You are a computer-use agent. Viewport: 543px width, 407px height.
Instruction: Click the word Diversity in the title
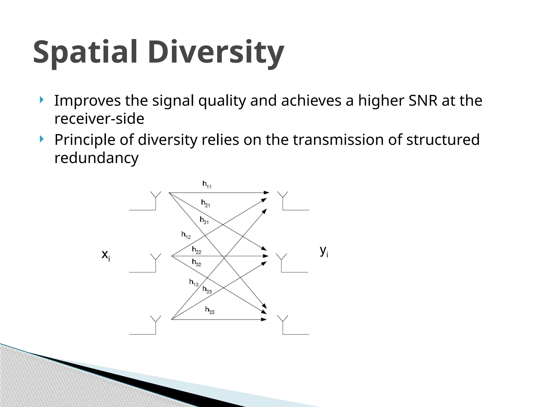click(216, 52)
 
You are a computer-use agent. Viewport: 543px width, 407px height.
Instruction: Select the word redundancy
click(96, 158)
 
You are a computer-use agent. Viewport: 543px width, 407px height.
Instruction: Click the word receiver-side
click(99, 119)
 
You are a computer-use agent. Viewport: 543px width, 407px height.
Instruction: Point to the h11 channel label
click(207, 184)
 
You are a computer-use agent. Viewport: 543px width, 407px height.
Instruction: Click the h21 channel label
click(205, 203)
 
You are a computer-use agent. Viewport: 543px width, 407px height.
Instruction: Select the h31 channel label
click(204, 220)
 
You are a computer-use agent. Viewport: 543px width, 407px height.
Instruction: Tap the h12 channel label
click(186, 235)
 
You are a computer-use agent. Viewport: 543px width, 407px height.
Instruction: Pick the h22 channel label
click(196, 250)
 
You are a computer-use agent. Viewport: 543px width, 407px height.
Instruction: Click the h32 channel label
click(196, 263)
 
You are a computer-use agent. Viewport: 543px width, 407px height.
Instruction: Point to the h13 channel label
click(194, 282)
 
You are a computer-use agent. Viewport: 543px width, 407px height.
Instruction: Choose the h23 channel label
click(207, 290)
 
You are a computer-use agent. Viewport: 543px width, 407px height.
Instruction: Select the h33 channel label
click(210, 310)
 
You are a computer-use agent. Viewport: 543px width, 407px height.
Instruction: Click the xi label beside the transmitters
click(106, 255)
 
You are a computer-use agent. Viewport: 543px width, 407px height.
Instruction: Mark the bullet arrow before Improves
click(41, 100)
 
